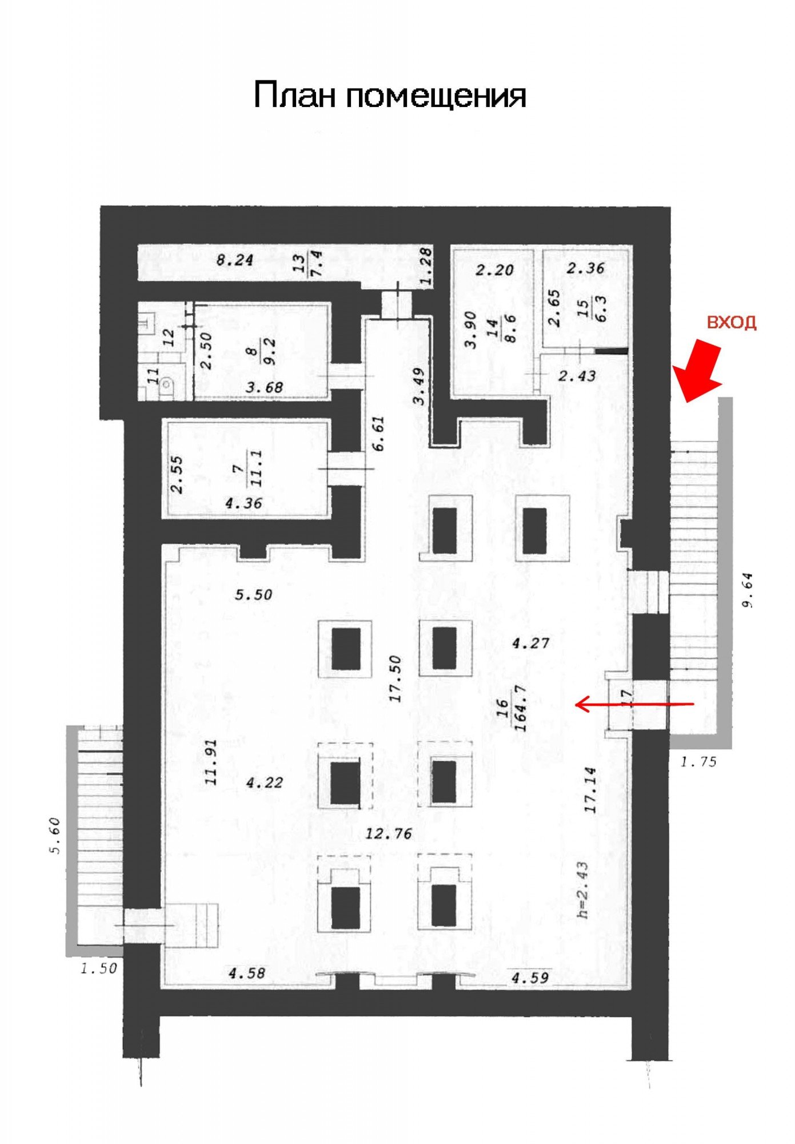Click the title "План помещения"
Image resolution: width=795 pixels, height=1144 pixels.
[x=390, y=96]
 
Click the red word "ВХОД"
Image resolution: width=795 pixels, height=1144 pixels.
[x=732, y=323]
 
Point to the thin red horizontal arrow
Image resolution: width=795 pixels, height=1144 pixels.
[x=634, y=704]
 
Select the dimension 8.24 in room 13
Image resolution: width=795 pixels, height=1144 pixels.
[x=234, y=260]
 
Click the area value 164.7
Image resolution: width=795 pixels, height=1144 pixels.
[x=520, y=708]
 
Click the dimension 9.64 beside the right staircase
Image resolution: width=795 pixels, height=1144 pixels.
[x=749, y=590]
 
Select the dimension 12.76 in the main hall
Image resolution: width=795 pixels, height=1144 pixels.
[x=389, y=833]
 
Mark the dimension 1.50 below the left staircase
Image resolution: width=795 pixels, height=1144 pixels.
[x=99, y=968]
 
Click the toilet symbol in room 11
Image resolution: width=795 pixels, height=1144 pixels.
[x=166, y=387]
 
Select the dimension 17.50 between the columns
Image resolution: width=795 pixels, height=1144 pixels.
[x=396, y=679]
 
